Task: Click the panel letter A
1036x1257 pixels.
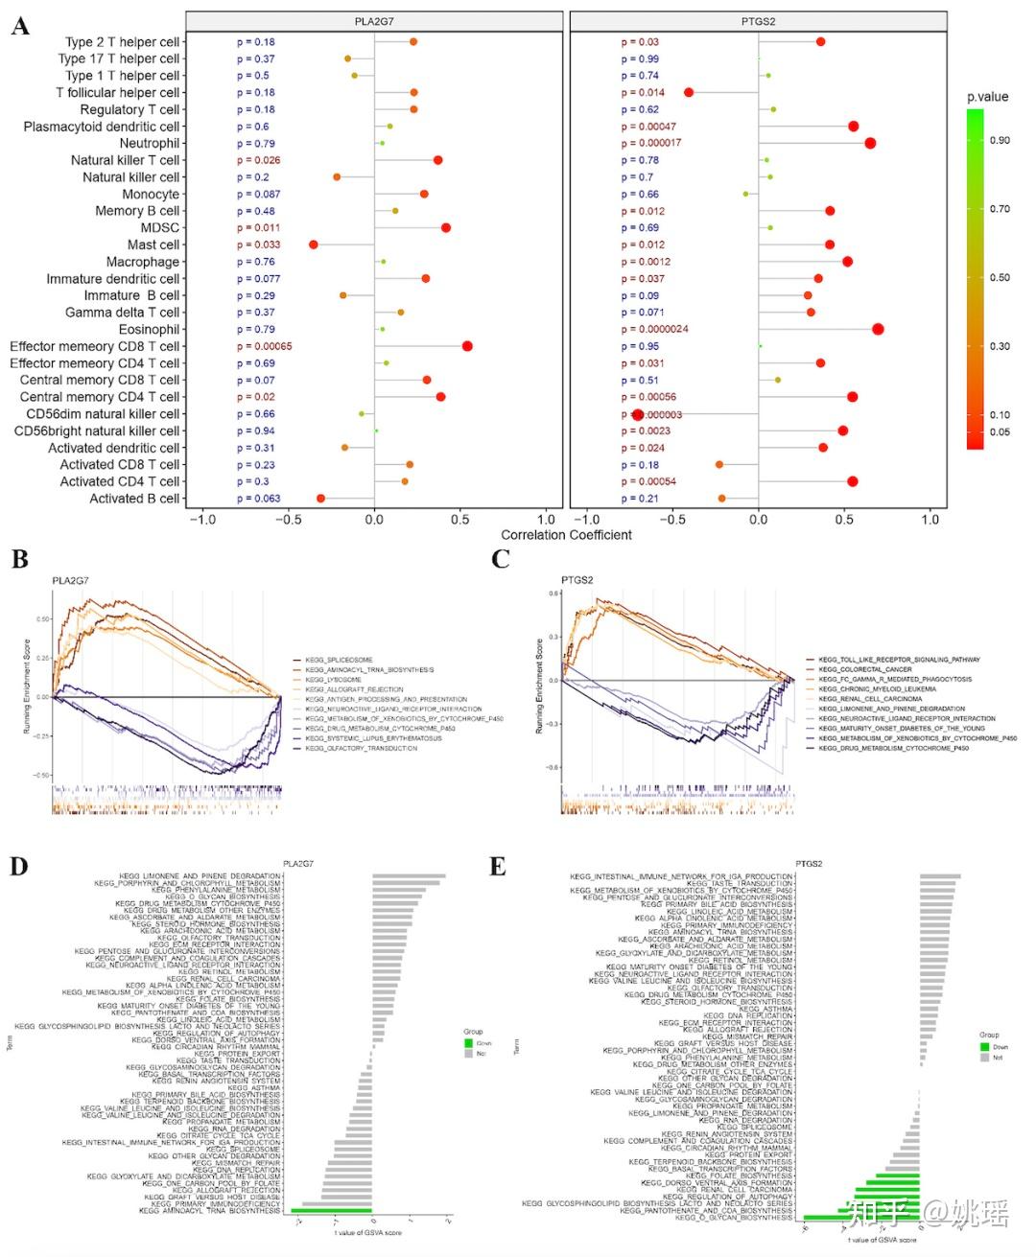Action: click(x=19, y=26)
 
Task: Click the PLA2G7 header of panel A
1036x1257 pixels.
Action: click(x=374, y=21)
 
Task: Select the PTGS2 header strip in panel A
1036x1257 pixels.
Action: click(x=758, y=21)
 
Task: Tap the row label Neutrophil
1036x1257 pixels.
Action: click(x=150, y=144)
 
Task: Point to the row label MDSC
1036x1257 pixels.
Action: click(x=160, y=228)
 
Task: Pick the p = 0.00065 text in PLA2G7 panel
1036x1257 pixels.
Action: click(x=265, y=346)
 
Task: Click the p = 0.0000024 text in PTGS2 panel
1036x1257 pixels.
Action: click(x=654, y=329)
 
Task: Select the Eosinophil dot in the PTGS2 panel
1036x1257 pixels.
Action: click(x=878, y=329)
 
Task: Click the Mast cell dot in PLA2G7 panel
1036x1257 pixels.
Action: click(x=314, y=244)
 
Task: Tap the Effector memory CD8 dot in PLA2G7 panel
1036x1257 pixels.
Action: click(x=467, y=346)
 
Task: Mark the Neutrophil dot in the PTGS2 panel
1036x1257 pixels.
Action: click(x=870, y=143)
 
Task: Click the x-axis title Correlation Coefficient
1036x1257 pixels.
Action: click(x=566, y=535)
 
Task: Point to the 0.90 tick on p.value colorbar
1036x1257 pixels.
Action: click(x=1000, y=140)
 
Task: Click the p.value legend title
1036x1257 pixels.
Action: click(x=987, y=97)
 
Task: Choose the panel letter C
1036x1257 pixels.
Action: click(x=500, y=559)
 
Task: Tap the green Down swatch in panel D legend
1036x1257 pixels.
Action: click(x=468, y=1043)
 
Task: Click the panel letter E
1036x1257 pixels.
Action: click(x=497, y=867)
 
